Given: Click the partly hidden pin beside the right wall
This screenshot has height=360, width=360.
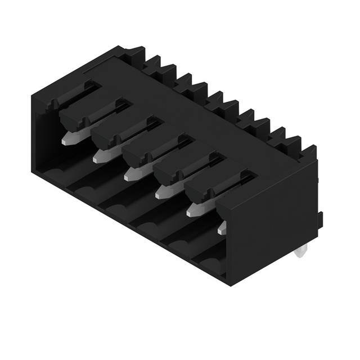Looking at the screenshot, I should [222, 228].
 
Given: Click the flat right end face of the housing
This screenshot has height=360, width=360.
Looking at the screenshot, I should [270, 225].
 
